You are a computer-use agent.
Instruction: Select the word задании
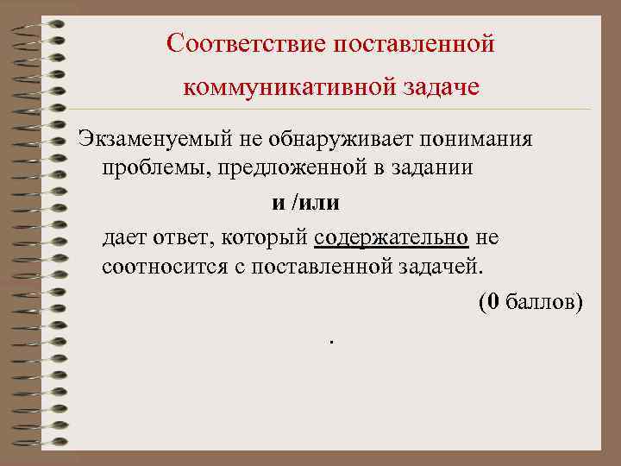(x=430, y=167)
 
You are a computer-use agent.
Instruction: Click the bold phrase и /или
(x=306, y=204)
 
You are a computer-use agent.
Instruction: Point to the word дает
(x=124, y=236)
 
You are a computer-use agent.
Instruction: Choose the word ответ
(x=180, y=236)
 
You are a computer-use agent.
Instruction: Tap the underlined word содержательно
(x=392, y=236)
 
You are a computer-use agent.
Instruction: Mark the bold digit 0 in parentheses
(x=492, y=301)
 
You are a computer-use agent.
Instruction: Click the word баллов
(x=539, y=301)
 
